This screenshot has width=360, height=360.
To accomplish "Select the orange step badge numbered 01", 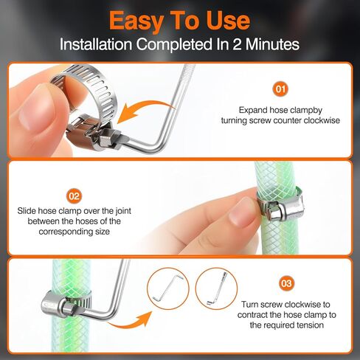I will (x=280, y=89).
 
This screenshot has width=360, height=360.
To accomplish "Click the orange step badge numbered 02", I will (x=74, y=195).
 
